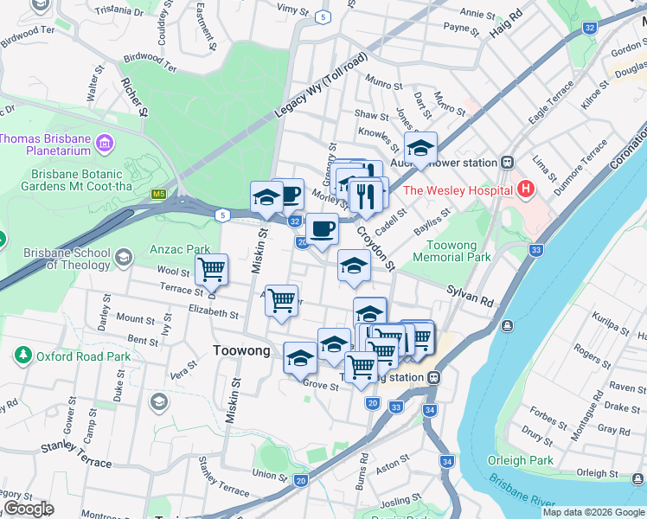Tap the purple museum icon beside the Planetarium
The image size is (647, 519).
pos(105,141)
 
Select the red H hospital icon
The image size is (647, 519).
pos(524,189)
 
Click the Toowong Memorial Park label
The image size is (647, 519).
pos(452,251)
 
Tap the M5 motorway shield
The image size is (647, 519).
pos(158,195)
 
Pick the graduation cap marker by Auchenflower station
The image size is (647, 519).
pos(420,148)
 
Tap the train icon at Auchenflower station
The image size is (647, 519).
pos(507,163)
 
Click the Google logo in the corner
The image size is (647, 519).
pos(29,509)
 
